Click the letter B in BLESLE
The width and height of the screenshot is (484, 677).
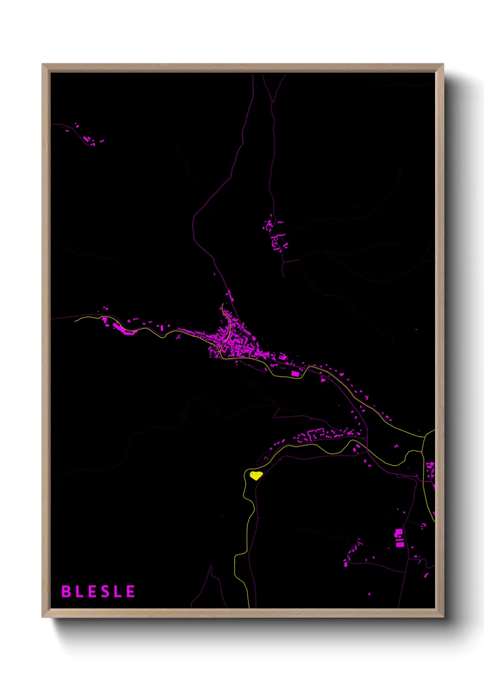[66, 591]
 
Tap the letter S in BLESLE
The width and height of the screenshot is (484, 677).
[105, 591]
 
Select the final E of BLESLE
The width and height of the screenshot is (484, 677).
[131, 591]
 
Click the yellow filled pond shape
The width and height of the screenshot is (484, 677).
[256, 475]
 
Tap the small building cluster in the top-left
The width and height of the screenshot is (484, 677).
[86, 137]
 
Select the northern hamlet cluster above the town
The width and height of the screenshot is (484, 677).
[276, 236]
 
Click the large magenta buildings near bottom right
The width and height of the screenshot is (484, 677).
[399, 538]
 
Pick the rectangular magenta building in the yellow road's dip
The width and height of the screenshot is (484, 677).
[295, 374]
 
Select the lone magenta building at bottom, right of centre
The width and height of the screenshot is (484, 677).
[369, 594]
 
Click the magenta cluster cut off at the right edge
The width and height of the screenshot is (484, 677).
[430, 471]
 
